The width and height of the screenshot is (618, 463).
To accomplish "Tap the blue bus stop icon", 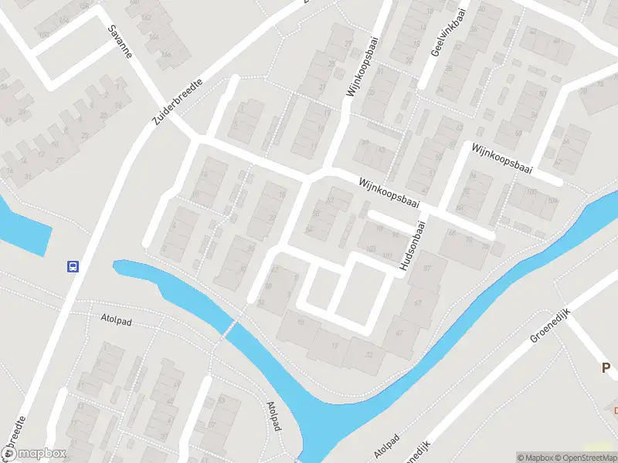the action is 72,267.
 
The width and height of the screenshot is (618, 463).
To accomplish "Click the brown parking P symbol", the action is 607,368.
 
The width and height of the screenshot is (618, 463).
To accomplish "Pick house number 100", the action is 531,191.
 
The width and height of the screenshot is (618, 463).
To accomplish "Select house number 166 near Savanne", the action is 166,54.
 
